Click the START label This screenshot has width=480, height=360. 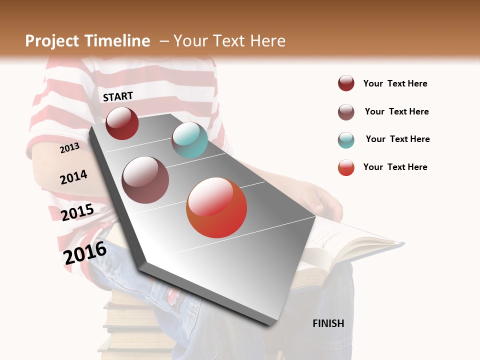tap(118, 96)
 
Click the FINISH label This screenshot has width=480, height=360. tap(328, 323)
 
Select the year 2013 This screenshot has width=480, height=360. tap(70, 147)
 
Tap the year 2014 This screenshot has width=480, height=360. tap(73, 177)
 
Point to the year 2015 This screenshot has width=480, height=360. tap(77, 212)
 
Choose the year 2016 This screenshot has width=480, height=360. tap(85, 252)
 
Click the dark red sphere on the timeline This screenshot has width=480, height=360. tap(122, 123)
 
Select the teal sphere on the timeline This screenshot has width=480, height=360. tap(189, 140)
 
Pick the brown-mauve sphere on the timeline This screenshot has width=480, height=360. tap(145, 180)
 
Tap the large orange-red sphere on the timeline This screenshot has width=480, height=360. tap(216, 207)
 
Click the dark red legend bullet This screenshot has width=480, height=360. tap(346, 83)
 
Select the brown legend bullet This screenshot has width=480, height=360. tap(346, 112)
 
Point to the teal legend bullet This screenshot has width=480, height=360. tap(346, 140)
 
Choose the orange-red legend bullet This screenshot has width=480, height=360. tap(346, 167)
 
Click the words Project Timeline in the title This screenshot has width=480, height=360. tap(87, 41)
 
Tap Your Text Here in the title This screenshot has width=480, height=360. tap(229, 41)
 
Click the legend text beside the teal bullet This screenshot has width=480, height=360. tap(397, 139)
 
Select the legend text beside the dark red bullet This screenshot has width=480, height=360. tap(395, 83)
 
